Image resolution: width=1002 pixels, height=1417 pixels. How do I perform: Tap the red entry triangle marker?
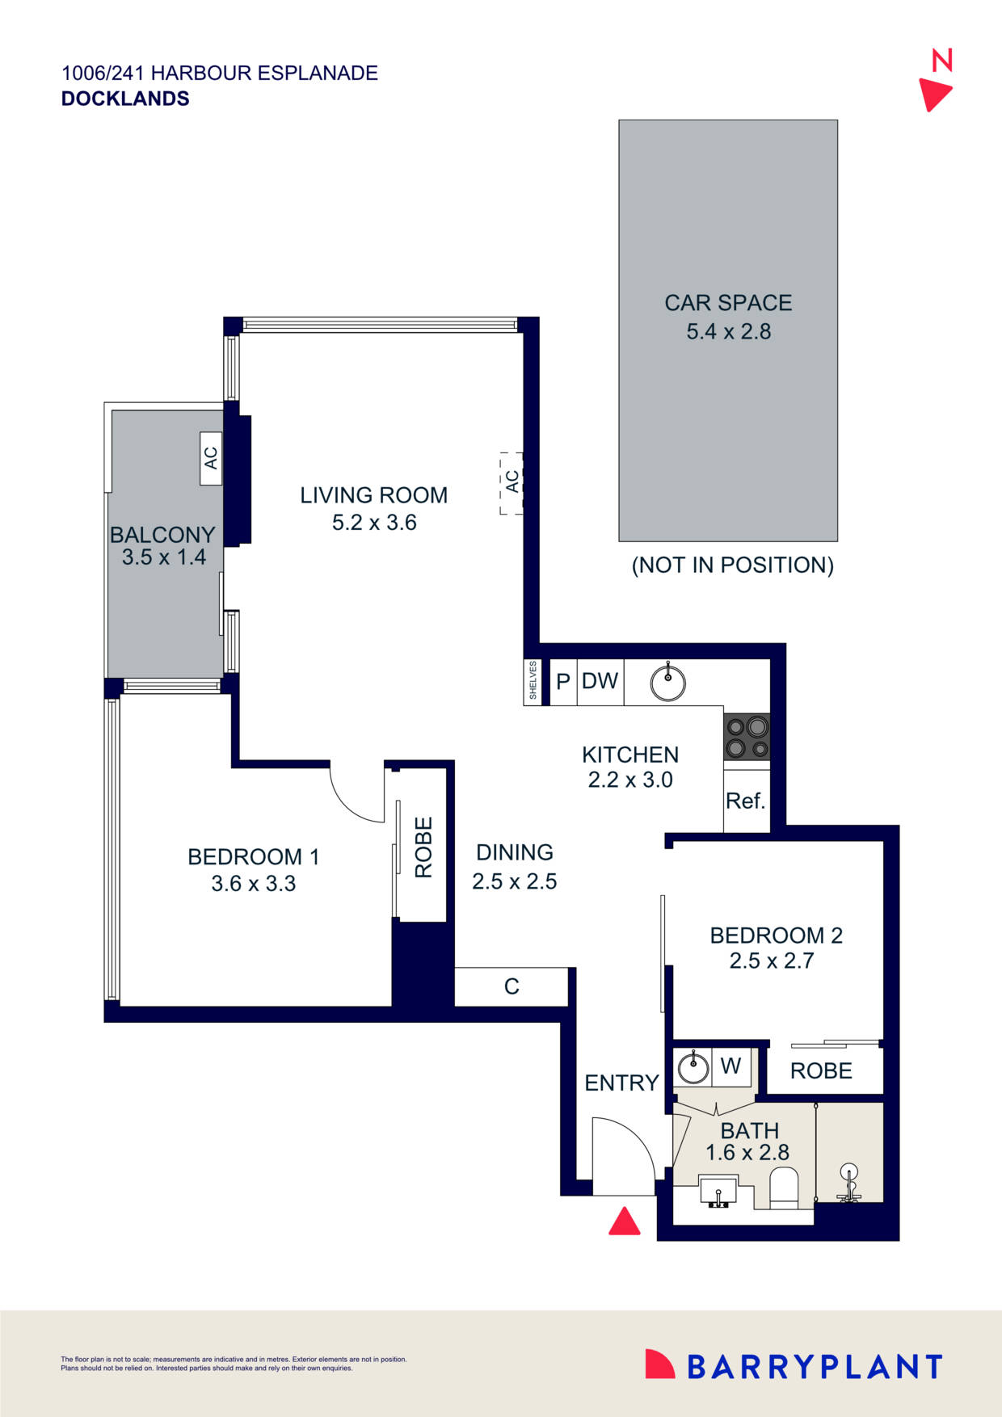point(624,1221)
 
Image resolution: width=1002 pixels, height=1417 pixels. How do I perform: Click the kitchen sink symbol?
point(668,683)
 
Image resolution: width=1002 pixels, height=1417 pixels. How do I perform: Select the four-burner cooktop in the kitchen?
point(747,737)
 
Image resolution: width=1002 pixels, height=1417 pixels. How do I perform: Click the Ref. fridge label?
point(745,801)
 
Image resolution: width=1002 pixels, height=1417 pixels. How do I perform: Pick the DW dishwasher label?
point(600,681)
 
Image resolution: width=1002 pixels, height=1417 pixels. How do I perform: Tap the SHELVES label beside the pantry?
point(533,681)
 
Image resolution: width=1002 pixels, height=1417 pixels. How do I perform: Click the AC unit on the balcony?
point(211,458)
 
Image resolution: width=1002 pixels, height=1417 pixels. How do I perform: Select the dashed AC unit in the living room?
point(512,482)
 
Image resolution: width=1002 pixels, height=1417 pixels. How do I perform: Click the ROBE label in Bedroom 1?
point(423,847)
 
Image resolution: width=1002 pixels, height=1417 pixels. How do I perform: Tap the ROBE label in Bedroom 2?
point(821,1070)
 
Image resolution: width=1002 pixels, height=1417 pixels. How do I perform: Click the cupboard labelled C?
point(512,986)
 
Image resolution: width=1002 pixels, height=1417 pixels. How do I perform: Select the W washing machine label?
point(730,1066)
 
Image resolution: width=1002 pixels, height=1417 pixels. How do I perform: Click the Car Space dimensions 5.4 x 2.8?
point(728,331)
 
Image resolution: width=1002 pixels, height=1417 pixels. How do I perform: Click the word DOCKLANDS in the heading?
point(125,99)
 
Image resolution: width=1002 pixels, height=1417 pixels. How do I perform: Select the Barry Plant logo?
point(794,1366)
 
